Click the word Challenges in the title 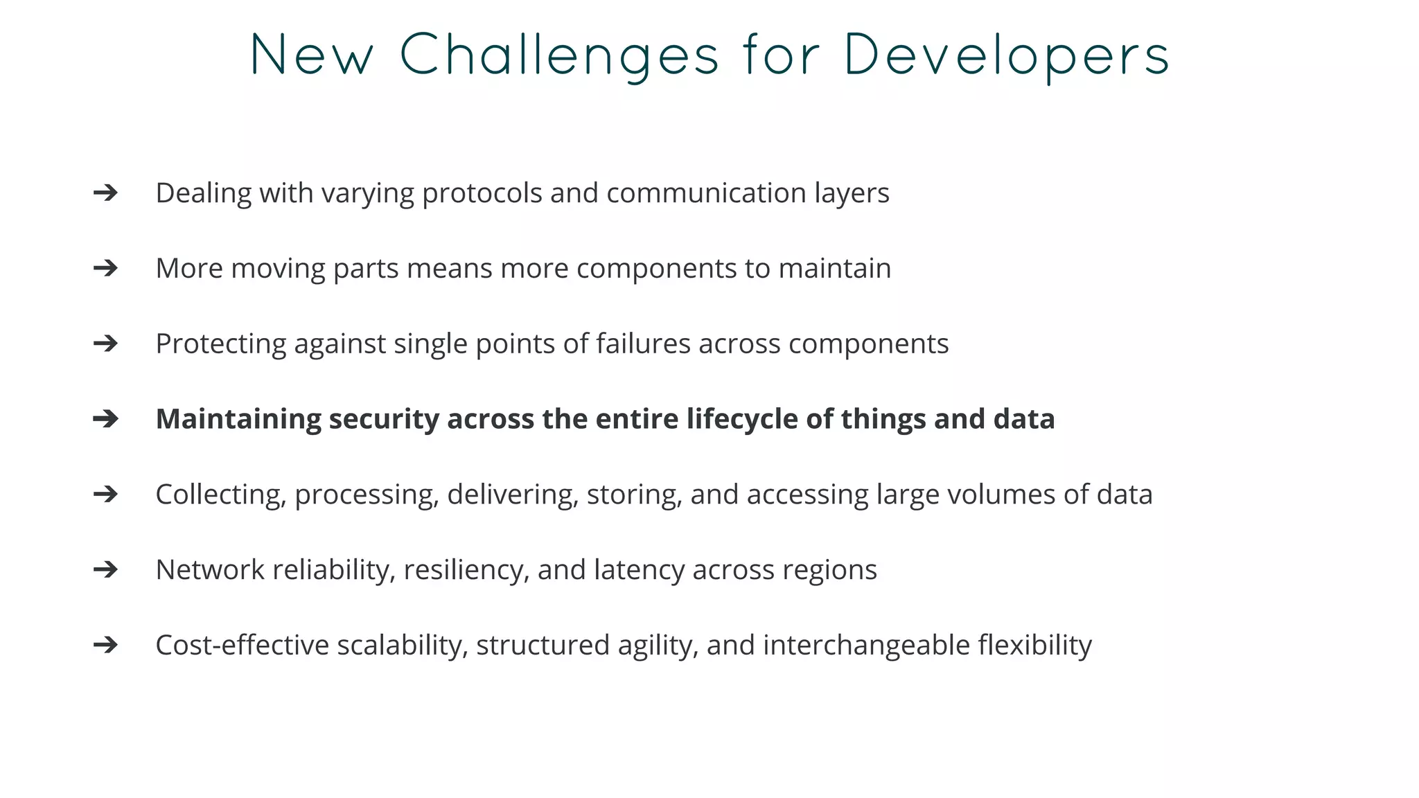[x=560, y=55]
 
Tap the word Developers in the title [x=1007, y=55]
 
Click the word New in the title [x=312, y=55]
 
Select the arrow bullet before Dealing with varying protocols [x=105, y=193]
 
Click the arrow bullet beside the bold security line [x=105, y=418]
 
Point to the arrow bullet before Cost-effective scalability [x=105, y=645]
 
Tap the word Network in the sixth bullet [x=210, y=570]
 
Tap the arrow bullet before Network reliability [x=105, y=569]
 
